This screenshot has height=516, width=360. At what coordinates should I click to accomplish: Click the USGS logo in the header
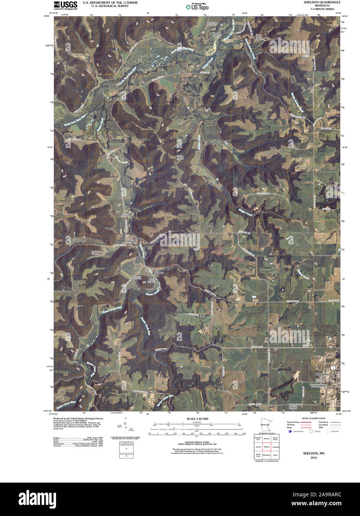(65, 5)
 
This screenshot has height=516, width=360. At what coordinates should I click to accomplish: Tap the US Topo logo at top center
(197, 6)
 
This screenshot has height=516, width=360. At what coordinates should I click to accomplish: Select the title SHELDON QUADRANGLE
(322, 2)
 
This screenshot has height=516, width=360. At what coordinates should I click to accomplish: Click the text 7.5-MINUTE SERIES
(322, 9)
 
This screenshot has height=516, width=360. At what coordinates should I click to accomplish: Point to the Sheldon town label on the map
(131, 241)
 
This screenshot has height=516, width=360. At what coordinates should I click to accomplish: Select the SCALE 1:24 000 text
(197, 419)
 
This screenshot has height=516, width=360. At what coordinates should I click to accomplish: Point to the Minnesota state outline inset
(265, 424)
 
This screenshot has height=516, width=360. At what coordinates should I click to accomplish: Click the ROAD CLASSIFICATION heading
(313, 418)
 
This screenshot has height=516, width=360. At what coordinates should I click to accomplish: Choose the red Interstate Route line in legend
(306, 422)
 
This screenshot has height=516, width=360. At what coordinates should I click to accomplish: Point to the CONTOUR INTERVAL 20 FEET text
(197, 442)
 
